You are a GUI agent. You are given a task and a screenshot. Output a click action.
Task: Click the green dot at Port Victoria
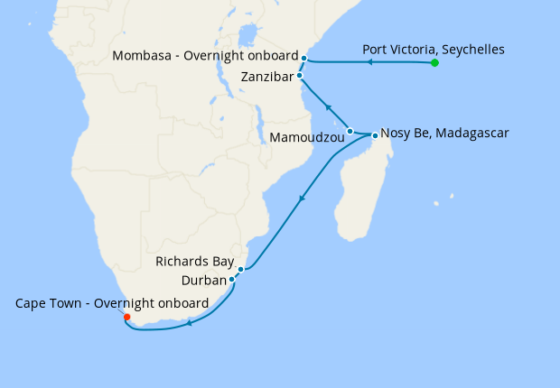434,63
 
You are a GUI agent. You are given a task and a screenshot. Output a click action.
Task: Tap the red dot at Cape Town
126,317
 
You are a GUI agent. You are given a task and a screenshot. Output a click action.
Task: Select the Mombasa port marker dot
304,59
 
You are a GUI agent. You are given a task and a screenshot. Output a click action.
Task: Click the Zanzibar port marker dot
300,76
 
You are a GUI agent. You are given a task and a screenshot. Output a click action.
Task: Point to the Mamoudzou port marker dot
350,131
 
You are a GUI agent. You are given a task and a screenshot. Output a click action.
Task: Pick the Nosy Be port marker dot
375,135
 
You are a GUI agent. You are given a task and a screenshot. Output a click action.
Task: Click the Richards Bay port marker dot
241,269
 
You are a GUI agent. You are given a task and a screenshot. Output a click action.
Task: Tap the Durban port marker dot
232,279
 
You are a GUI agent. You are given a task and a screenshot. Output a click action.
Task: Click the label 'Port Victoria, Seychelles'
434,49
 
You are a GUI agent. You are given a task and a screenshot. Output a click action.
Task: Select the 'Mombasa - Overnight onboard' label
204,57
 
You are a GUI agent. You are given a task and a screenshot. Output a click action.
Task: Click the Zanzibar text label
267,78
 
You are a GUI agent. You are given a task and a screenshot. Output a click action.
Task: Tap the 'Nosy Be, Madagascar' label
445,133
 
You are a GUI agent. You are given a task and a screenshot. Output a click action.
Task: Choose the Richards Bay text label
194,262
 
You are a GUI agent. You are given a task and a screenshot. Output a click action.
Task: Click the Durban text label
202,281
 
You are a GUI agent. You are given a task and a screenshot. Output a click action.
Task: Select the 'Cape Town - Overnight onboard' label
112,302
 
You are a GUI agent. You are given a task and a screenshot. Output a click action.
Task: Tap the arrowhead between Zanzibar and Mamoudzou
330,108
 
